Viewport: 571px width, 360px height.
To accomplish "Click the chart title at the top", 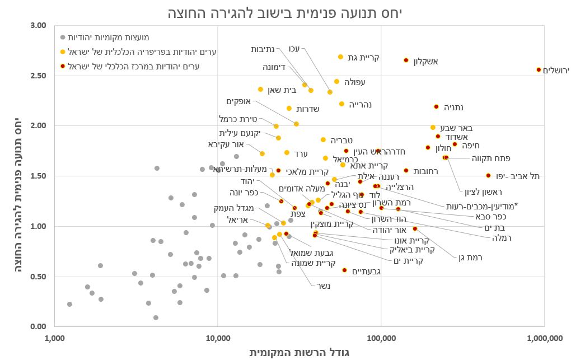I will pos(285,12).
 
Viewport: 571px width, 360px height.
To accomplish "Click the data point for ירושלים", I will pos(539,69).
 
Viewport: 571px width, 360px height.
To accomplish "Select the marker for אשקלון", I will pos(406,60).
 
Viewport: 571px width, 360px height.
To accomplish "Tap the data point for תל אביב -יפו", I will pos(488,175).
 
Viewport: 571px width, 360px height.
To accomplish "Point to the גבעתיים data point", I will pos(344,270).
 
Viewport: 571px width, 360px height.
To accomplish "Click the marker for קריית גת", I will pos(340,57).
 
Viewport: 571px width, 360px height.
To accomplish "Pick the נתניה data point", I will pos(436,106).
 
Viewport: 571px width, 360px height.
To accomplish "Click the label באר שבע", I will pos(456,128).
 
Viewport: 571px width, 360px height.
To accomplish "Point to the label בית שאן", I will pos(282,90).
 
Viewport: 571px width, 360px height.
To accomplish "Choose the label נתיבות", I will pos(263,49).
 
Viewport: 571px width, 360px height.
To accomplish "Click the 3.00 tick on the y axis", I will pos(39,25).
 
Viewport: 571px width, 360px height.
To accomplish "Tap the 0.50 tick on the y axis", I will pos(39,277).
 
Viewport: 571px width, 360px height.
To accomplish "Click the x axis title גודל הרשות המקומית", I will pos(299,352).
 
